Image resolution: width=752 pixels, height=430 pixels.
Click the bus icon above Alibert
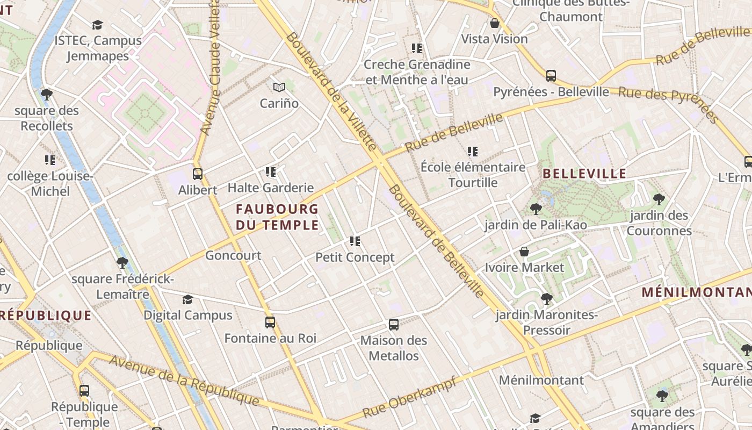[x=198, y=174]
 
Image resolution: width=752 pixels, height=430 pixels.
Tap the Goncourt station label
[x=233, y=255]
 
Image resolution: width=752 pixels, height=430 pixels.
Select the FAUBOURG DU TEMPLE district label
[x=277, y=217]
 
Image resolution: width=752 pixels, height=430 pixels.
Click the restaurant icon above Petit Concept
[x=355, y=241]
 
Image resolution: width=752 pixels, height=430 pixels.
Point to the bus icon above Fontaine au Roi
[x=270, y=322]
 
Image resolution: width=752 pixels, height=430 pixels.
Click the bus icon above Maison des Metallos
[x=394, y=325]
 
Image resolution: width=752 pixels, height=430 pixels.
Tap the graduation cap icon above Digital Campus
[x=187, y=299]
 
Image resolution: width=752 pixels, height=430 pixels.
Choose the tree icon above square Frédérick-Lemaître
[x=122, y=263]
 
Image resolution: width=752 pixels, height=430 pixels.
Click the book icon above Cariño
[x=279, y=87]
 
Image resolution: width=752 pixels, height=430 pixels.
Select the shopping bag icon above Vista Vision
[x=495, y=23]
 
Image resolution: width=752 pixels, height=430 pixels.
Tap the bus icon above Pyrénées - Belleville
[x=551, y=76]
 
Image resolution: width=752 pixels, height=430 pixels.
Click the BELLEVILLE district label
[x=584, y=174]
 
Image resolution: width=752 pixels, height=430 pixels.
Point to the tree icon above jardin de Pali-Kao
[x=536, y=209]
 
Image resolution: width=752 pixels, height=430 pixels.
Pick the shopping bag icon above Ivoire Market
[x=524, y=252]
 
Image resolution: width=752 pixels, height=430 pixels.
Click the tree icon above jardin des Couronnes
[x=659, y=200]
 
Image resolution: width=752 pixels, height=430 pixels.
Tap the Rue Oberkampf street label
[x=409, y=398]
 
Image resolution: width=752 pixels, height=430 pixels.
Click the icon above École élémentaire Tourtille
[x=473, y=152]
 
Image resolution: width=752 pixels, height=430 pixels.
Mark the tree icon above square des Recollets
[x=47, y=95]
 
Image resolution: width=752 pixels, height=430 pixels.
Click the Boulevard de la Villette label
[x=331, y=91]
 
